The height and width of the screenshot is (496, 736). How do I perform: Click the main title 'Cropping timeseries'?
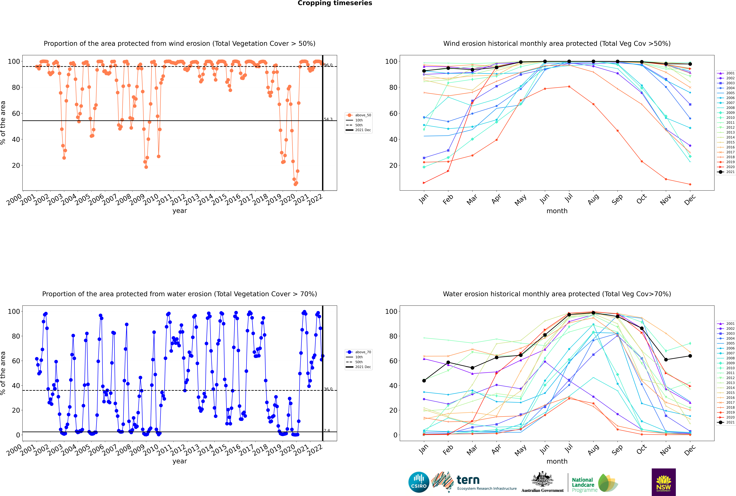click(335, 3)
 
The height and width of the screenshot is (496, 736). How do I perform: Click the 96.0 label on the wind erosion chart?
click(328, 65)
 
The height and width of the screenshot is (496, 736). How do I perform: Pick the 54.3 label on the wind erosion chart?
click(328, 119)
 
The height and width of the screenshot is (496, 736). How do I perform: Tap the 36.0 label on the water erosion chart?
click(328, 389)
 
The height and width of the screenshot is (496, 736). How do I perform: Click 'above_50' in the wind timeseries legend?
click(363, 115)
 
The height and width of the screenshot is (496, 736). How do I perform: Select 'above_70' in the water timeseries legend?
click(363, 352)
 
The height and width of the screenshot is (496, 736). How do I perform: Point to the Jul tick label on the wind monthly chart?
click(569, 198)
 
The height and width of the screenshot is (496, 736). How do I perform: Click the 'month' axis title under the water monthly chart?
click(557, 461)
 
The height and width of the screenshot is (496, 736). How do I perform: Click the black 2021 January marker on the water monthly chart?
click(424, 381)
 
